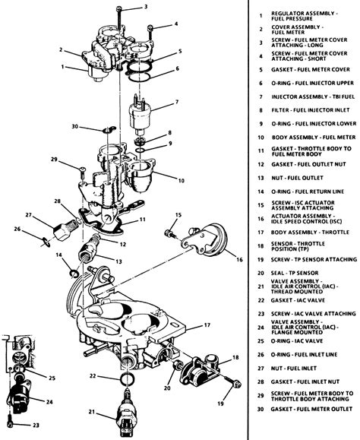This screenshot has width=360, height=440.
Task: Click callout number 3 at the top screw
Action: tap(146, 8)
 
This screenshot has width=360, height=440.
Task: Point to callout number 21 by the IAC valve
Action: tap(92, 413)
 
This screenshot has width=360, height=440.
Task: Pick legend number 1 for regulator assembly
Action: tap(260, 15)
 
